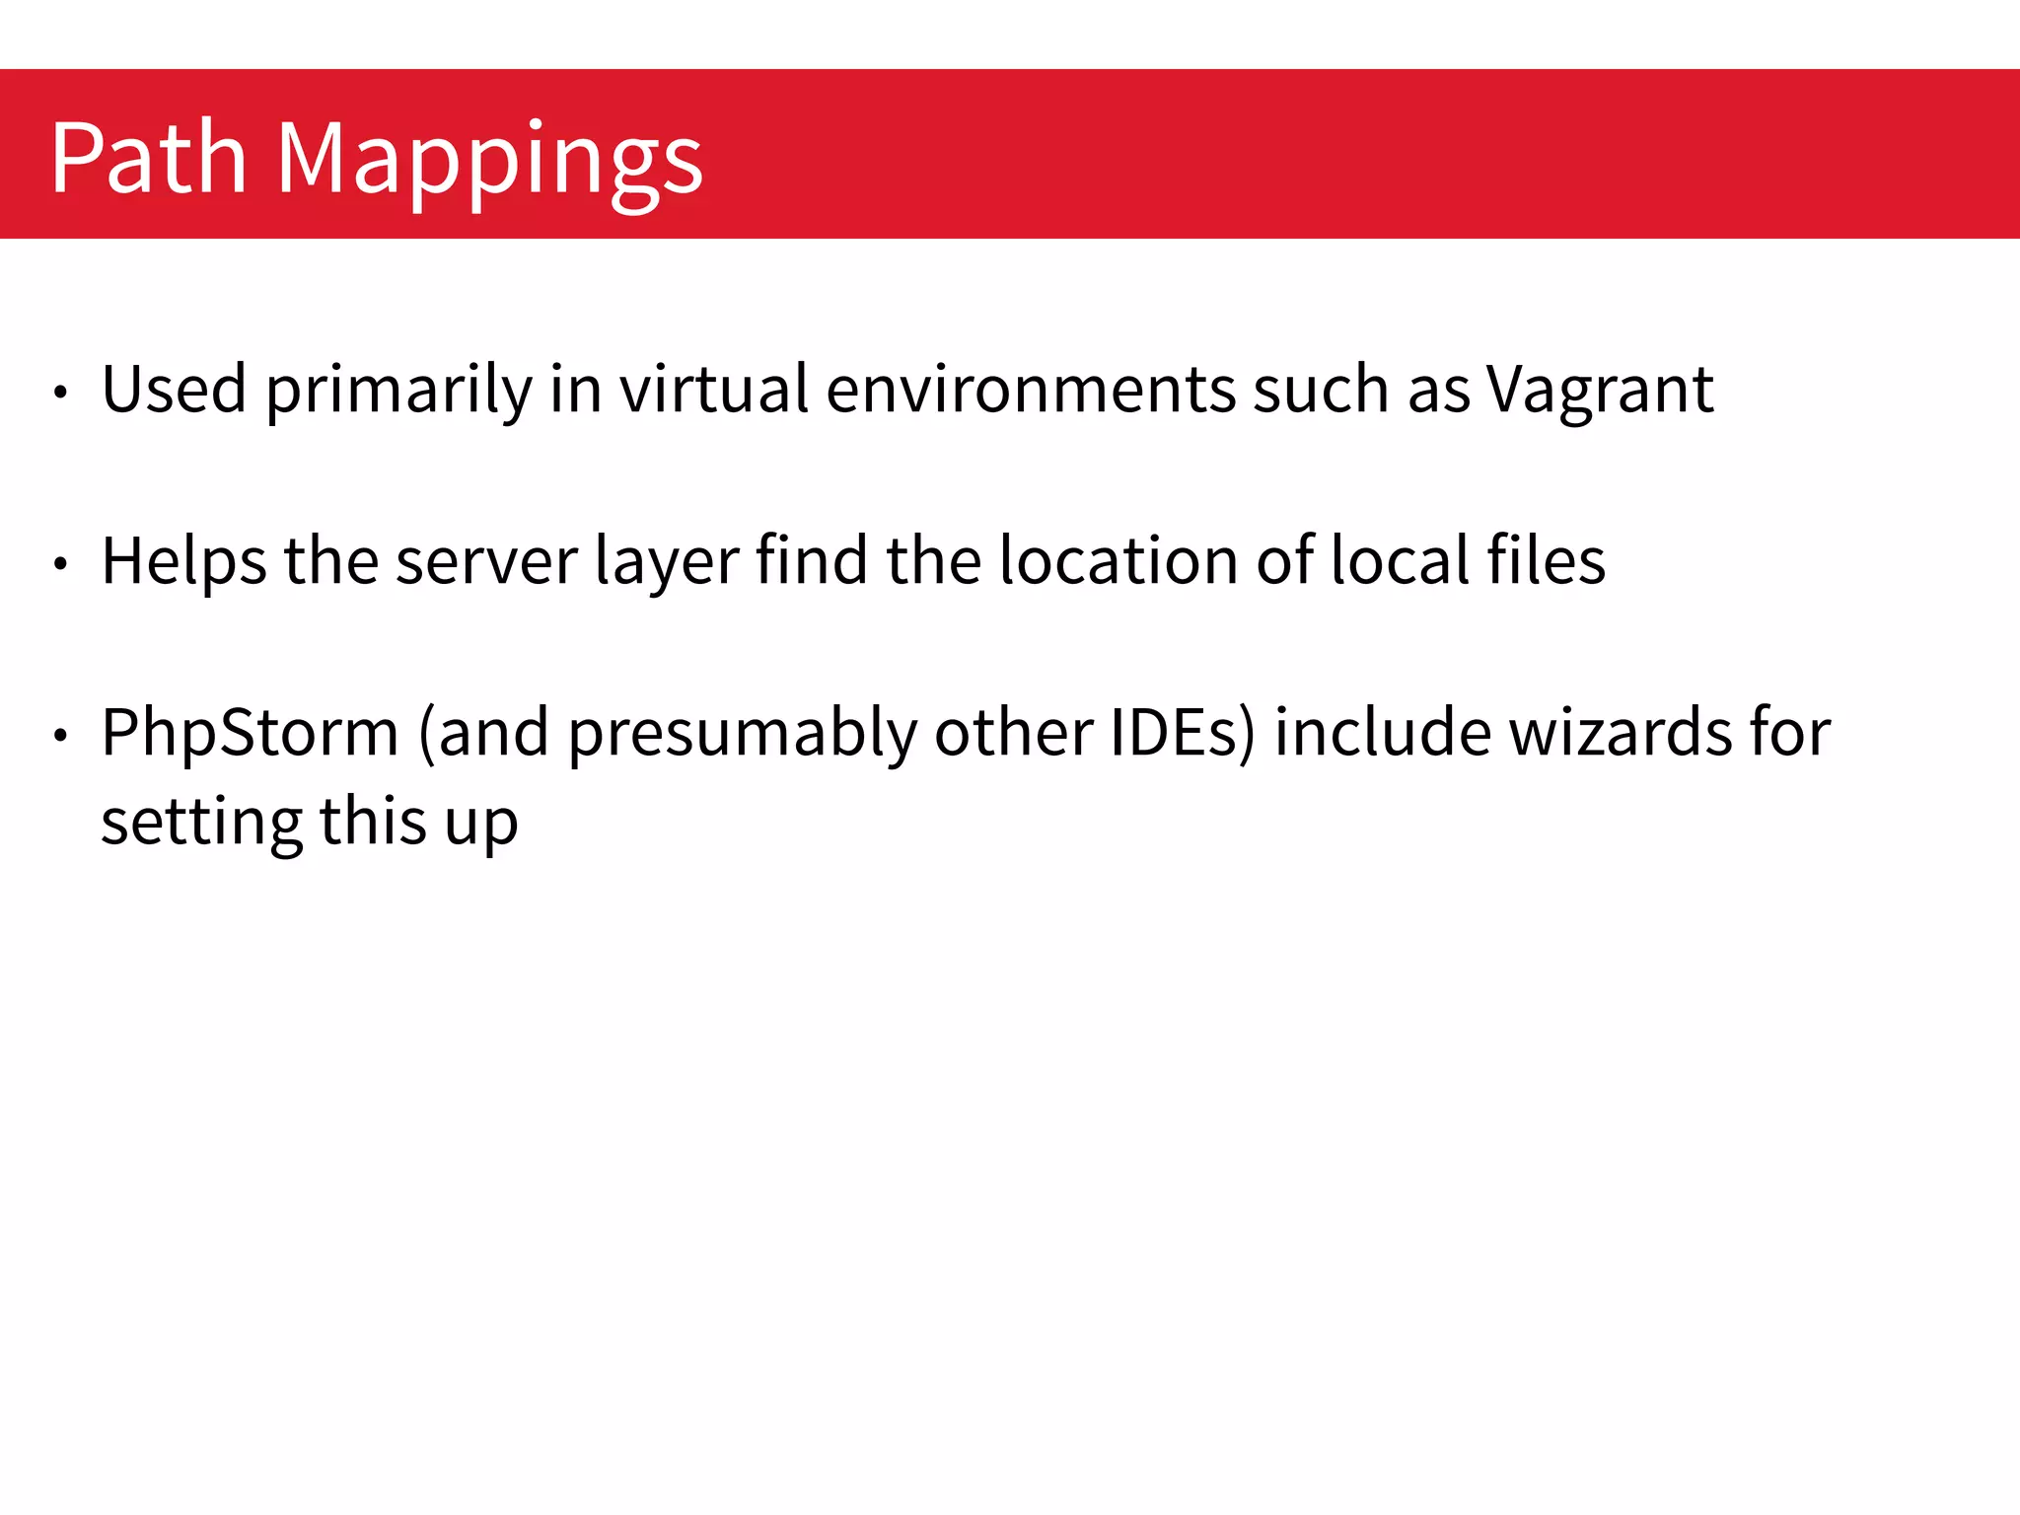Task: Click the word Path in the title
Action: pyautogui.click(x=148, y=158)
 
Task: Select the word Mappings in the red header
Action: pyautogui.click(x=489, y=161)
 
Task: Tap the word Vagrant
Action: pyautogui.click(x=1599, y=391)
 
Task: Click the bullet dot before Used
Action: pyautogui.click(x=61, y=393)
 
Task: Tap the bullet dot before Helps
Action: pyautogui.click(x=61, y=564)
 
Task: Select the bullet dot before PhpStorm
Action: pyautogui.click(x=61, y=735)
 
